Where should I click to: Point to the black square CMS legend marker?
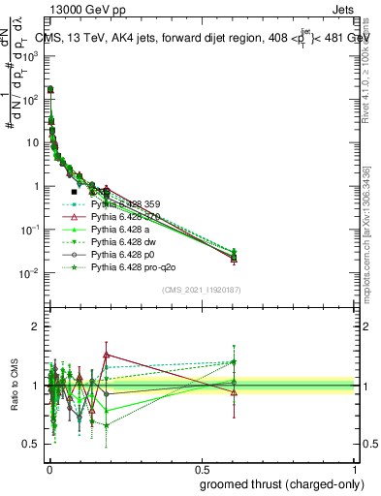(75, 192)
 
